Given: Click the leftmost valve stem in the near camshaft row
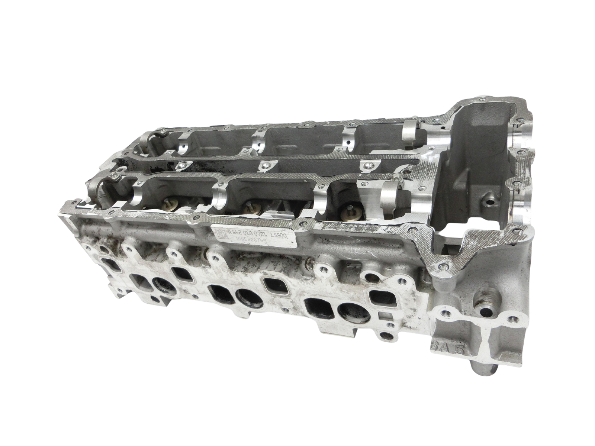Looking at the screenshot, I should pos(168,204).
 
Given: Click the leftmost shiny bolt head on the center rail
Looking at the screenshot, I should pos(181,165).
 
